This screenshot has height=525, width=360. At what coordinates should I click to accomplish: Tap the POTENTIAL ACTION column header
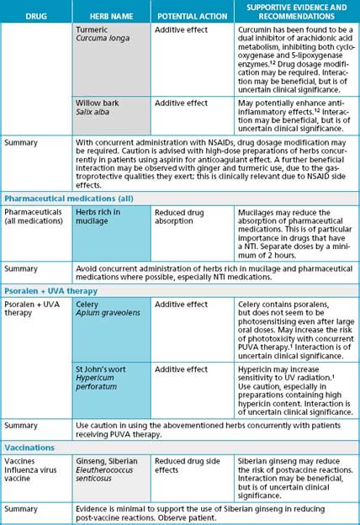click(x=189, y=16)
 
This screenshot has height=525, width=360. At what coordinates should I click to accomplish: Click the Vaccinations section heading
click(x=31, y=448)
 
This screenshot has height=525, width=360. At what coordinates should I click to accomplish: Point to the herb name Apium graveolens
click(x=106, y=313)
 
